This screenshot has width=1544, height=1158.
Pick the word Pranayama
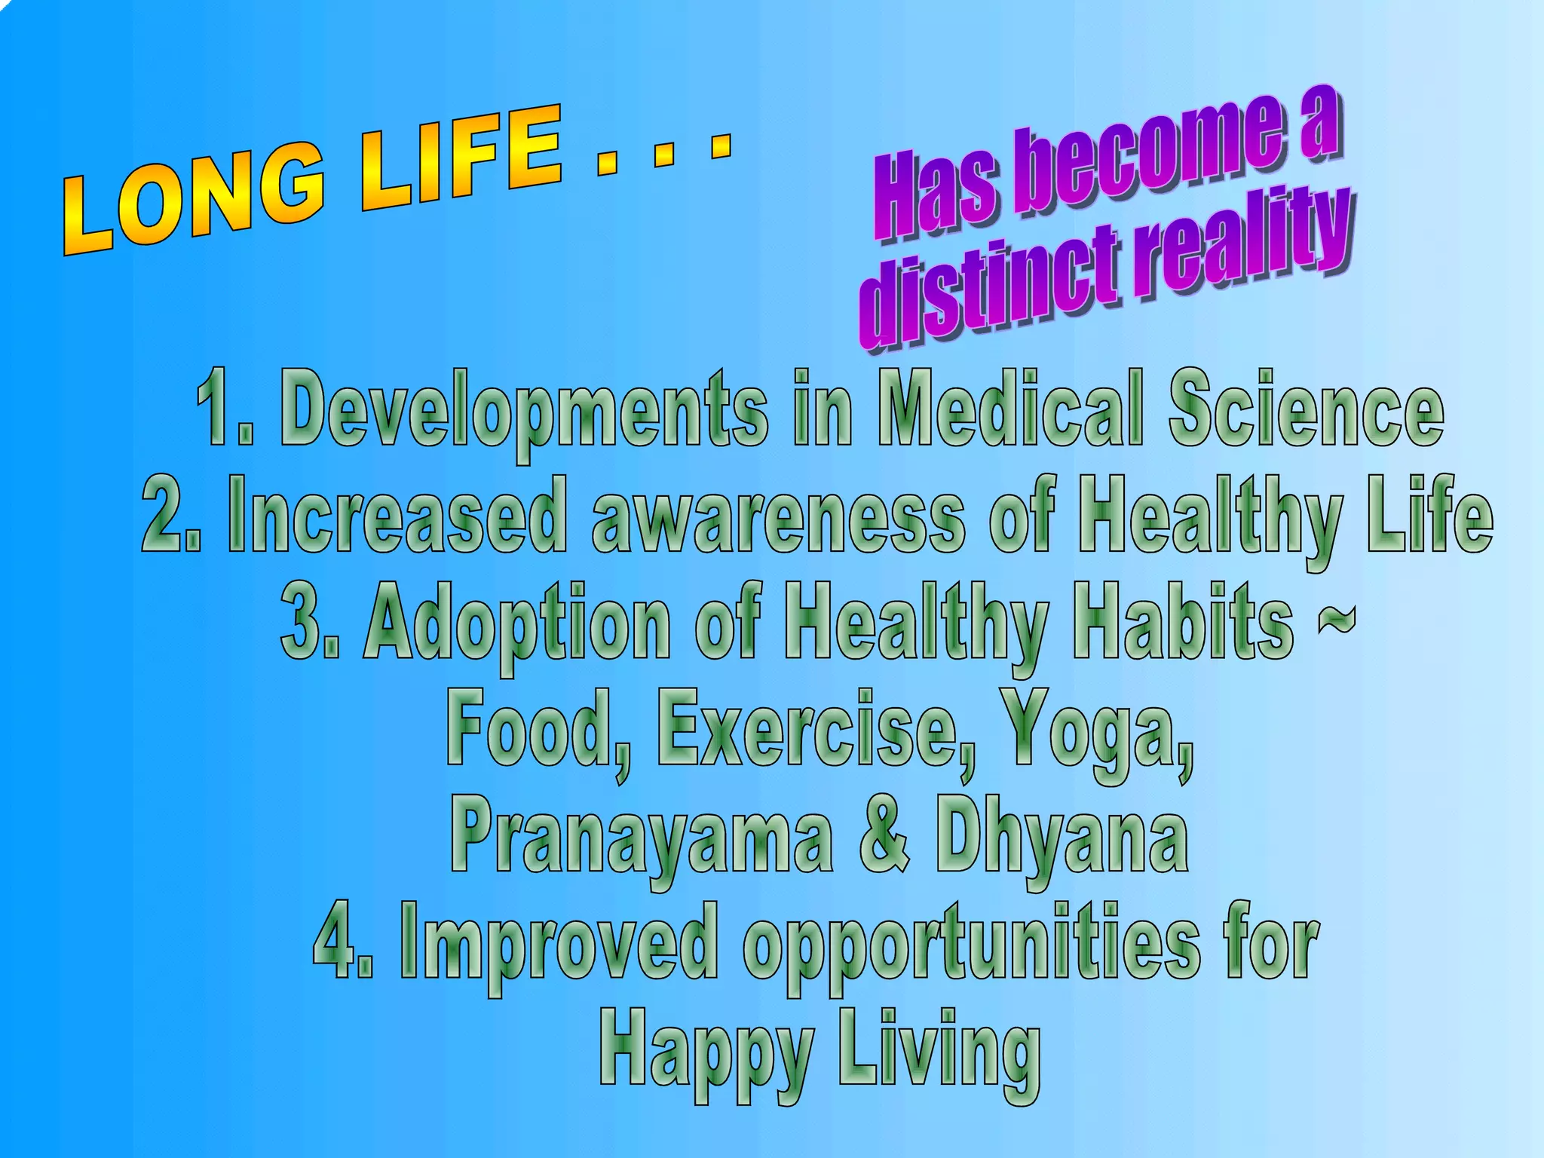coord(642,837)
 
